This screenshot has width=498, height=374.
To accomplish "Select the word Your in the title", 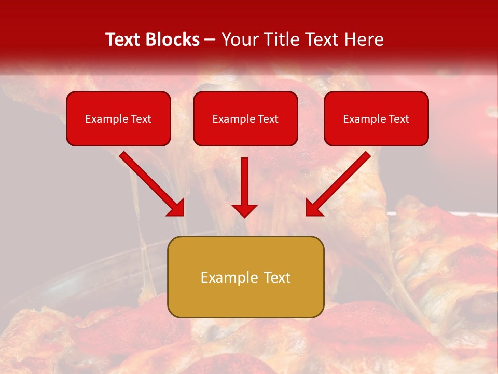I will coord(237,39).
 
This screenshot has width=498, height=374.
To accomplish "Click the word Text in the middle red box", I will coord(268,119).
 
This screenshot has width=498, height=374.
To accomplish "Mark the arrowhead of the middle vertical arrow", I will coord(244,210).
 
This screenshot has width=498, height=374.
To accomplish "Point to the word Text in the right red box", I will coord(399,119).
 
